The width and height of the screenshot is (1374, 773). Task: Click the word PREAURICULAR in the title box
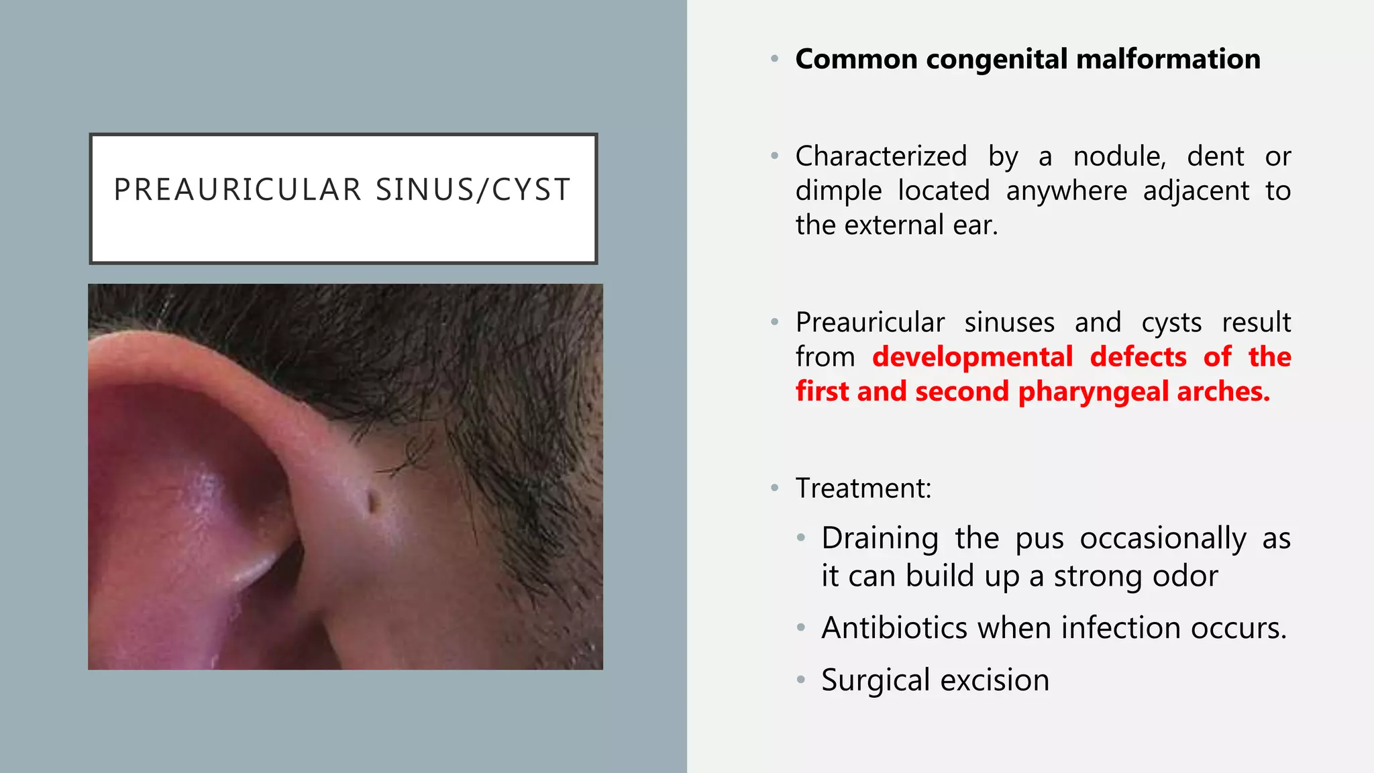(x=238, y=190)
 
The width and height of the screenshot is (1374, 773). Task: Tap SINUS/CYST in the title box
(x=473, y=190)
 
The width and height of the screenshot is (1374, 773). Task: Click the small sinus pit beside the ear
(x=371, y=502)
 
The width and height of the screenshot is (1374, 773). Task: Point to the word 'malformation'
(x=1168, y=60)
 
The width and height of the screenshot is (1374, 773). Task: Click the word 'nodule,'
(x=1120, y=157)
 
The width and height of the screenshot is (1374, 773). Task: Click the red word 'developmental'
(x=972, y=357)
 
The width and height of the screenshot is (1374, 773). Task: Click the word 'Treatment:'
(x=863, y=488)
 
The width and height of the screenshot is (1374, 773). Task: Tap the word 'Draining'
(x=880, y=539)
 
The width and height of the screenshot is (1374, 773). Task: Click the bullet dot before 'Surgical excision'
(x=800, y=680)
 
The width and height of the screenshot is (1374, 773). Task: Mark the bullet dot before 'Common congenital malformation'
(x=775, y=60)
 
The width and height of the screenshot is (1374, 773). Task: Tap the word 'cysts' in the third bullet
(x=1171, y=323)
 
